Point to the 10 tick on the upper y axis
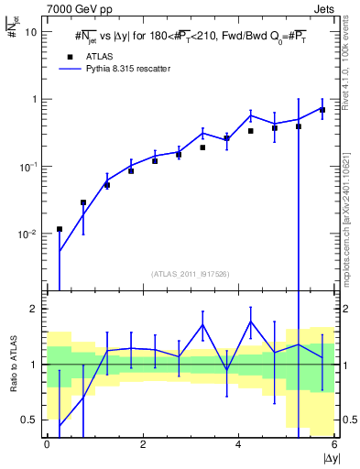[30, 31]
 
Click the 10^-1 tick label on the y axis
[27, 167]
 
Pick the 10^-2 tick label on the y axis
[27, 234]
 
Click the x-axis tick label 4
[238, 444]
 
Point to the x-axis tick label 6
[333, 444]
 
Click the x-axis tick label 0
[47, 444]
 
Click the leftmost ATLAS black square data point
[60, 229]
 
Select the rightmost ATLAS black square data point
[322, 110]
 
